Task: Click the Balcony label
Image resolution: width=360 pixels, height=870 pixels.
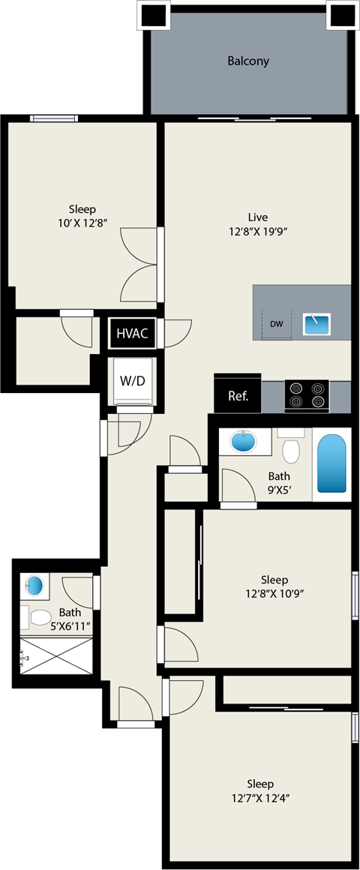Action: click(x=248, y=61)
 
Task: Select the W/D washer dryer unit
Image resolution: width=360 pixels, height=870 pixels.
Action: click(x=132, y=380)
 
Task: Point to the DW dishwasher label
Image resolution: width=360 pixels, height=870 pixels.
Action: click(x=277, y=324)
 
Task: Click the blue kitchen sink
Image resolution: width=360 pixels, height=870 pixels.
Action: click(x=316, y=324)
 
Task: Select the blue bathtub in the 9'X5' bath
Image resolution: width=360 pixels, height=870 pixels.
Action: click(x=331, y=464)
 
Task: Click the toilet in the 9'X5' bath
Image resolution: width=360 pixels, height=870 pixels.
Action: click(x=290, y=449)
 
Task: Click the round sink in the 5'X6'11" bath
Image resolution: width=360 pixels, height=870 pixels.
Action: click(x=34, y=585)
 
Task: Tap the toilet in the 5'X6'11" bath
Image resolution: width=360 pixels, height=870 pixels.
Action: click(x=37, y=617)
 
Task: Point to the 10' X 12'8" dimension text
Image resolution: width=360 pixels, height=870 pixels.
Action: click(x=82, y=222)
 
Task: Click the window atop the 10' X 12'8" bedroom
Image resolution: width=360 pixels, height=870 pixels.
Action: click(x=54, y=118)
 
